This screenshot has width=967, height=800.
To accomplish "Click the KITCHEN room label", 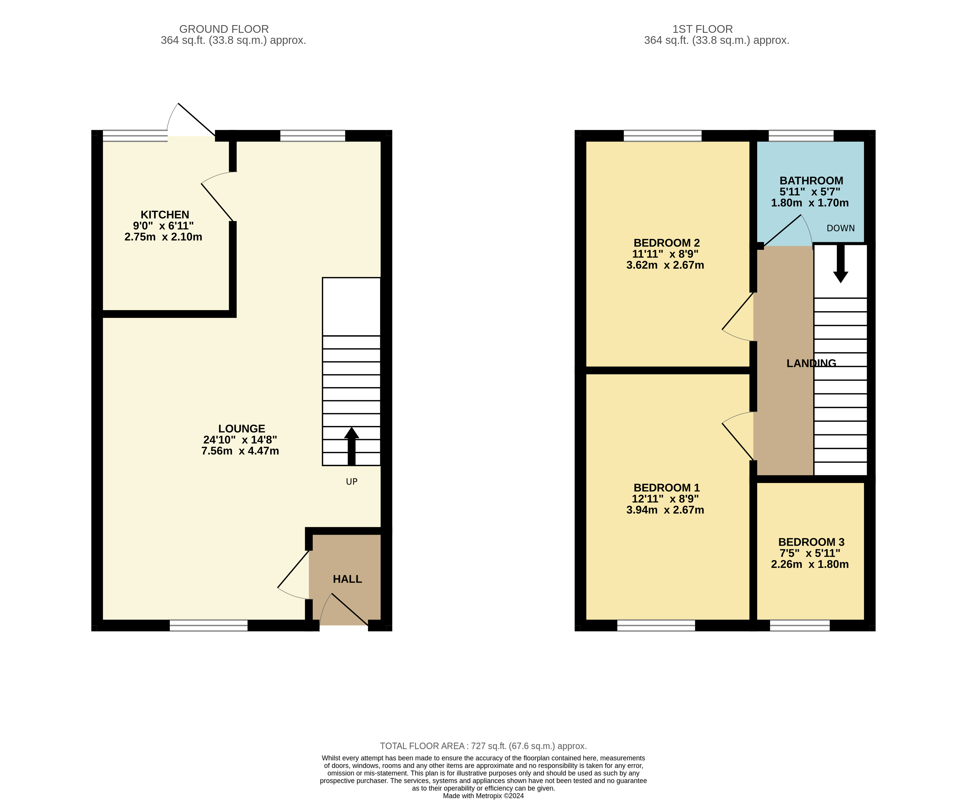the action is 165,215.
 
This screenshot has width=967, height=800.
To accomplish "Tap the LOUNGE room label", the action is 242,429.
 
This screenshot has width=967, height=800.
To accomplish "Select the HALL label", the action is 348,579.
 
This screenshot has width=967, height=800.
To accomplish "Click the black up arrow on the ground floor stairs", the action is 351,446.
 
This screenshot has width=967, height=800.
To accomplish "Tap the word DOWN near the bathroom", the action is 841,228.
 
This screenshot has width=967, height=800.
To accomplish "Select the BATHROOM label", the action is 811,180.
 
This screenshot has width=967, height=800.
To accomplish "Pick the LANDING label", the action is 811,363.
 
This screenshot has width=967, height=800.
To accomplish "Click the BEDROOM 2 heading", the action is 667,243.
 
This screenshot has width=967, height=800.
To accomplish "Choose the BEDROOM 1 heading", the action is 667,488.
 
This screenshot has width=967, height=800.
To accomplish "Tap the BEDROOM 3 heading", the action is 811,542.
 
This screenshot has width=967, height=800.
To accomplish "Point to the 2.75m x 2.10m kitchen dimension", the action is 164,237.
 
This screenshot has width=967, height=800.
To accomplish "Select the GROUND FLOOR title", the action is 224,29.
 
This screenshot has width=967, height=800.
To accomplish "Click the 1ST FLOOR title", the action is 703,29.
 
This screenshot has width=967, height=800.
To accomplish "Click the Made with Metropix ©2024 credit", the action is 484,796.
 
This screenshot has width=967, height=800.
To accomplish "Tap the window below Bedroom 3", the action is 800,625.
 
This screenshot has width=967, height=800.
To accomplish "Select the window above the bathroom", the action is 801,136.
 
